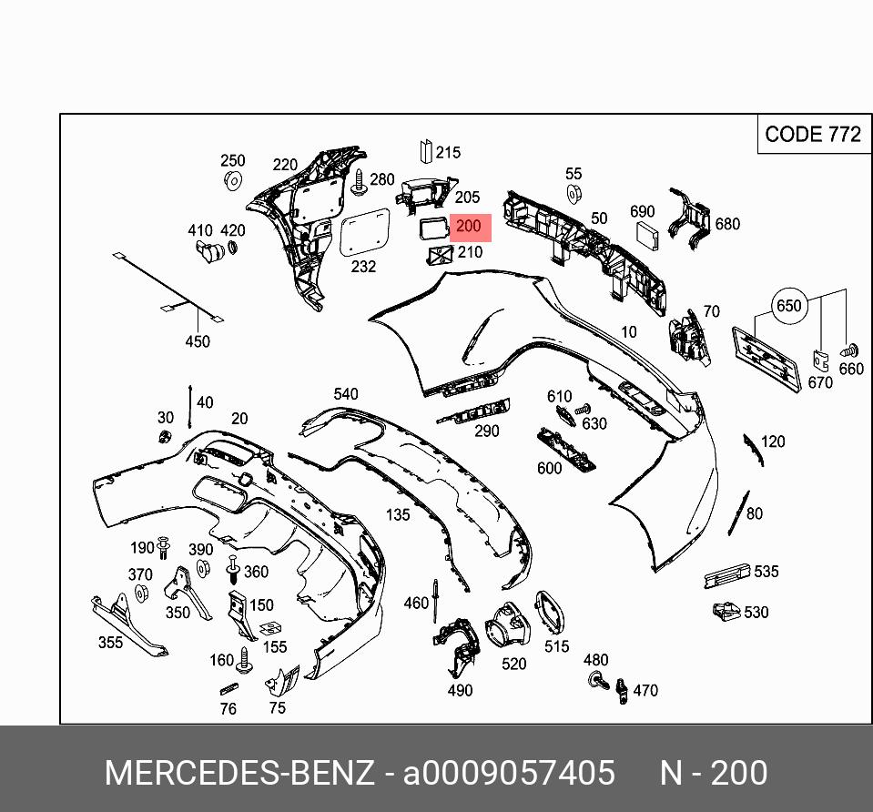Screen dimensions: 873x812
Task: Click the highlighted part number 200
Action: (468, 228)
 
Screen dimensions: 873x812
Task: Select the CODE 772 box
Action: (812, 135)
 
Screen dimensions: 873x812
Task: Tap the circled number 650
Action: (788, 306)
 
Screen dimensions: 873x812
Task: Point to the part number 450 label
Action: (198, 341)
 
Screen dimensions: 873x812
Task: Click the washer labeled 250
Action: (232, 180)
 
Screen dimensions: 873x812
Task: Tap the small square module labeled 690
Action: (646, 234)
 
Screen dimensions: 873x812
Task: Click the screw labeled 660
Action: (851, 350)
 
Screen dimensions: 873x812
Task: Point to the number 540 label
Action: (346, 394)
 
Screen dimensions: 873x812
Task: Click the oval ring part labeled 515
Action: (549, 613)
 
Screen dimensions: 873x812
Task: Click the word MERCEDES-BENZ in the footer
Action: (239, 773)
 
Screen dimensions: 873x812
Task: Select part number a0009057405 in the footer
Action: (509, 773)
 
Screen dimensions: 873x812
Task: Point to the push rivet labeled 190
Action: (163, 548)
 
